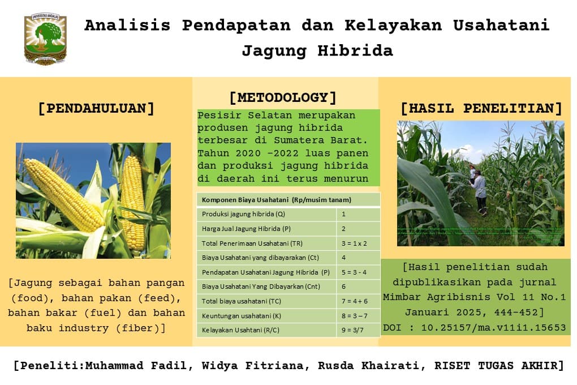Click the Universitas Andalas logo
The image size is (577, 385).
tap(45, 39)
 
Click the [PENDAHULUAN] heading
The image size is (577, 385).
tap(96, 108)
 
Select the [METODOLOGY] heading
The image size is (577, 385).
tap(283, 97)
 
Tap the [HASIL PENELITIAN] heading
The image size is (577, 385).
tap(481, 108)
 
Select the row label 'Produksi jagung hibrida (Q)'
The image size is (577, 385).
tap(243, 215)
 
